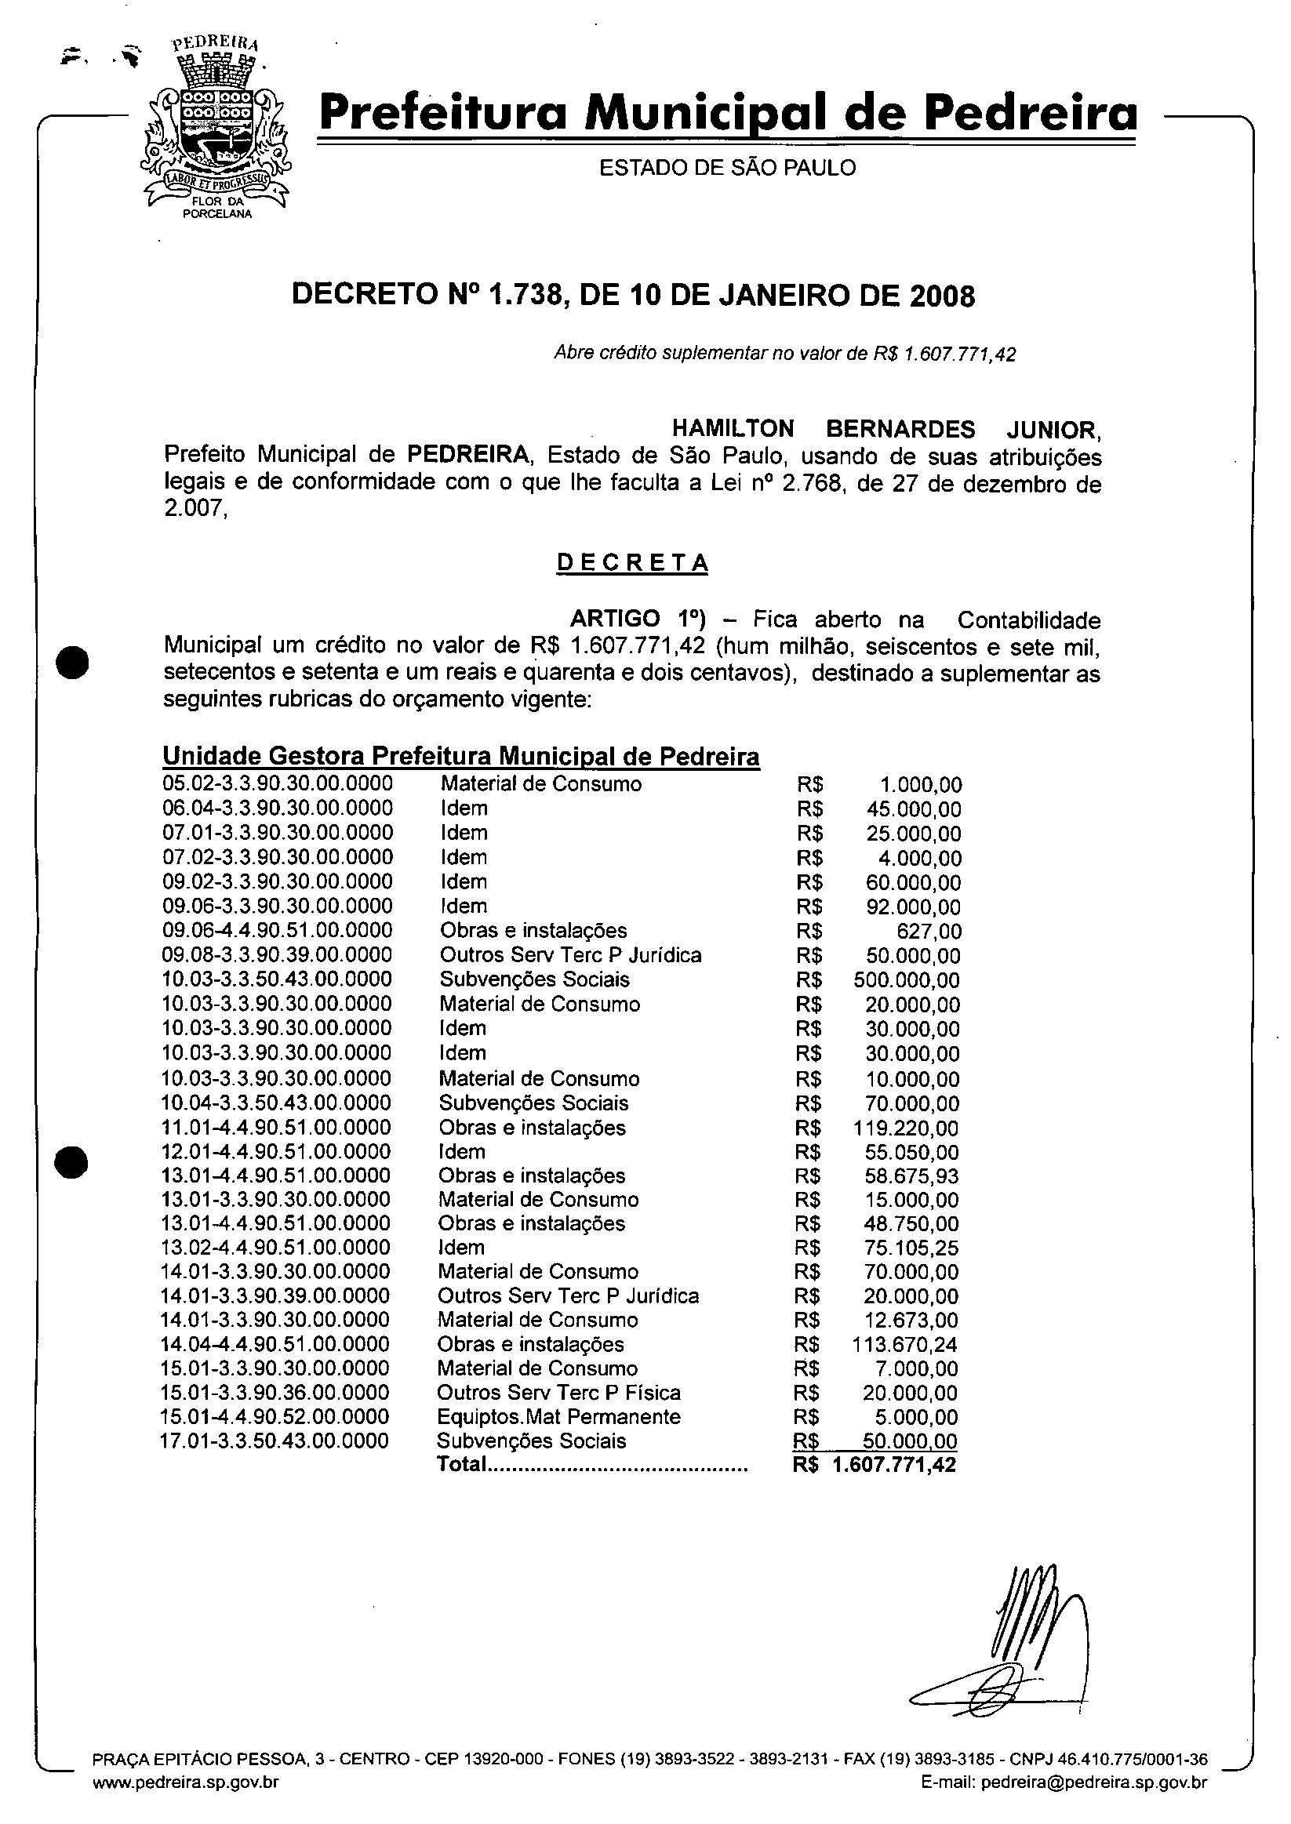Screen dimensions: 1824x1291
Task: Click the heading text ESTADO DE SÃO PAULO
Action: click(x=726, y=169)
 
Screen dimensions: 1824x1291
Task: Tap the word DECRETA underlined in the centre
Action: click(x=632, y=563)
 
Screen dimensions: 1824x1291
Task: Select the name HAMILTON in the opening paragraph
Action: click(x=732, y=429)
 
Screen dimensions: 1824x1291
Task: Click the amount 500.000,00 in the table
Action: click(x=906, y=980)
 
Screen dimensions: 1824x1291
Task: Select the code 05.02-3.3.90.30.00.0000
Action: click(x=278, y=783)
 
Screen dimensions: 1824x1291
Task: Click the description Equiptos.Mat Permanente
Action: click(x=558, y=1416)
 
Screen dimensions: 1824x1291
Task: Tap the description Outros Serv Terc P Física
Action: click(x=558, y=1393)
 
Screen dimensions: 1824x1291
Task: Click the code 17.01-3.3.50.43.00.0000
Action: click(x=275, y=1441)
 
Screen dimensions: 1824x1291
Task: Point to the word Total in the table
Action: click(x=461, y=1464)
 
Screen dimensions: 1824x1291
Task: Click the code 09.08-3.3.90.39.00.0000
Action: click(x=277, y=954)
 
